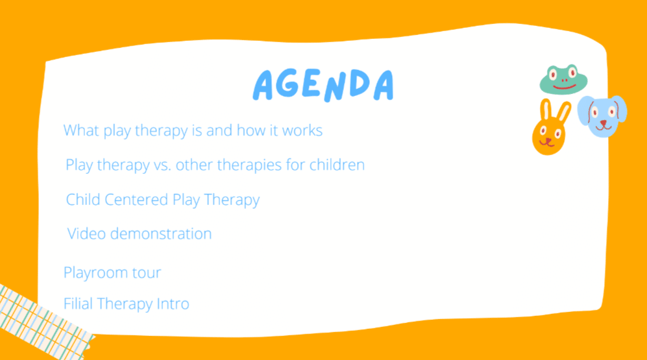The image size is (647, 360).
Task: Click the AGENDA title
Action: point(323,85)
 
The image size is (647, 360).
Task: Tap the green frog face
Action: point(563,80)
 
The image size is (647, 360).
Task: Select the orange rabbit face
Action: point(550,128)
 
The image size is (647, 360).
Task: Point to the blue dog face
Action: point(602,116)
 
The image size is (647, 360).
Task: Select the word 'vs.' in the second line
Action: point(163,165)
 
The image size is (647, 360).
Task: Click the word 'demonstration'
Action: point(161,234)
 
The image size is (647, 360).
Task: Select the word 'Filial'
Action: point(79,304)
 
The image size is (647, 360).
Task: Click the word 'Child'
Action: point(83,200)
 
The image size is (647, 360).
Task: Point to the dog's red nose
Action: point(604,123)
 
